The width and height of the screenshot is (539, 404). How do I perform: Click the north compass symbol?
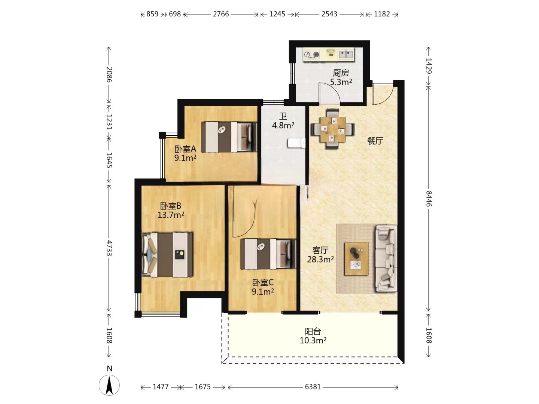(109, 385)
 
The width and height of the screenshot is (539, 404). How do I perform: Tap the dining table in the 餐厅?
(333, 129)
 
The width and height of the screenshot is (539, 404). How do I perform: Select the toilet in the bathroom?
(296, 143)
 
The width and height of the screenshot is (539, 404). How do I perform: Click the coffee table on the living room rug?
(356, 259)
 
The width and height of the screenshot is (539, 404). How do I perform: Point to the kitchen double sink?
(346, 54)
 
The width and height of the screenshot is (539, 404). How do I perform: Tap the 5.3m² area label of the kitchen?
(341, 82)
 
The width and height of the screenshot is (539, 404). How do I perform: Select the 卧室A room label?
(185, 149)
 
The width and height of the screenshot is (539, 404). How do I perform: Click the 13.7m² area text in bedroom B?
(171, 215)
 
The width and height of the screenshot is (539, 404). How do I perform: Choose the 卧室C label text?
(263, 282)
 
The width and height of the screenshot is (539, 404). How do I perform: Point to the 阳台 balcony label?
(313, 331)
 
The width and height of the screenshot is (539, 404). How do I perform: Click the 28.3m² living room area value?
(320, 259)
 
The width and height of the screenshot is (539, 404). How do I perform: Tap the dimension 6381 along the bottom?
(313, 387)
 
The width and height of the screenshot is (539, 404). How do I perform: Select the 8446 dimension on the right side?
(429, 199)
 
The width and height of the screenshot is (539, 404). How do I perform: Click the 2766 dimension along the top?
(221, 14)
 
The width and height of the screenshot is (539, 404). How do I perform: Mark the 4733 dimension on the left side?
(109, 248)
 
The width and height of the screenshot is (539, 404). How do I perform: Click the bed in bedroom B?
(167, 255)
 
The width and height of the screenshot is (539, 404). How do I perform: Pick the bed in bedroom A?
(229, 137)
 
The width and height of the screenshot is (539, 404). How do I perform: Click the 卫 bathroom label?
(283, 116)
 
